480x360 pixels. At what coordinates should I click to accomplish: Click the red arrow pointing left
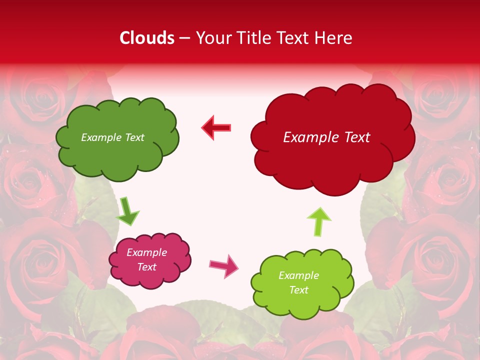tap(216, 127)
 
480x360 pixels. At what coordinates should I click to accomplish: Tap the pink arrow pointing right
tap(224, 265)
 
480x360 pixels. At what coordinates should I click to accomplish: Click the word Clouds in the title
tap(146, 38)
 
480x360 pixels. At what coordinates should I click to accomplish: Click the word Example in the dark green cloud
tap(100, 137)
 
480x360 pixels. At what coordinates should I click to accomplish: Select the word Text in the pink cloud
tap(147, 267)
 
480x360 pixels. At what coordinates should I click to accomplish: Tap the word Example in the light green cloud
tap(298, 275)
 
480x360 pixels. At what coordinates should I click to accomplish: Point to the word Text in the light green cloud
tap(298, 290)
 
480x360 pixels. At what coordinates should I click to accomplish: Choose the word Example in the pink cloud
tap(147, 252)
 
